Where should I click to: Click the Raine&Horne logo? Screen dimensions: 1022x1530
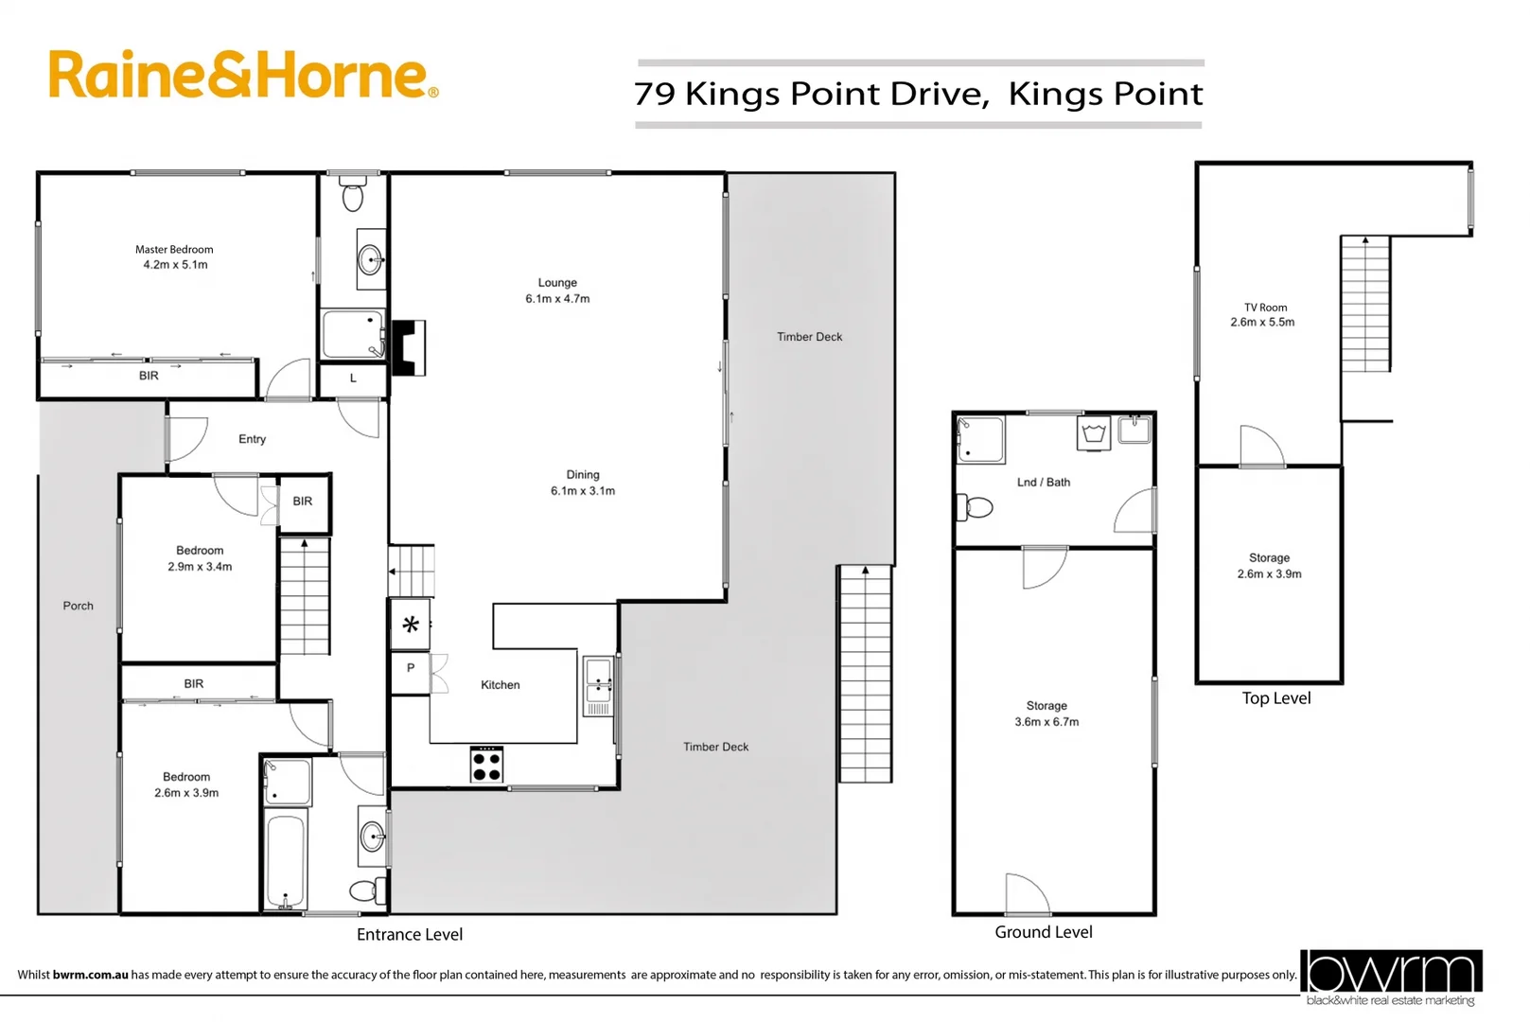click(x=242, y=75)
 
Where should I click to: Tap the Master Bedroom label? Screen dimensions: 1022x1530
click(x=174, y=257)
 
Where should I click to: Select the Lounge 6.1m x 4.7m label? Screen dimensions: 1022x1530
click(x=557, y=291)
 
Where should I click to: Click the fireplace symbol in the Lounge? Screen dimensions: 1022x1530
click(x=408, y=348)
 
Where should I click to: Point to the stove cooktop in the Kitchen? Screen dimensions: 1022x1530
click(x=486, y=765)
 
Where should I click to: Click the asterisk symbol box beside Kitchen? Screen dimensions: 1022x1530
click(x=411, y=625)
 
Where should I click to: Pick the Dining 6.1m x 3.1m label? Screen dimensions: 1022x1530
click(x=583, y=483)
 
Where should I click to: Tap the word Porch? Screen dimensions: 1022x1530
click(x=78, y=606)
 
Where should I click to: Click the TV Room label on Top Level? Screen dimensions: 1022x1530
click(x=1263, y=315)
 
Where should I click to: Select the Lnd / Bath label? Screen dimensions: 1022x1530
click(x=1043, y=483)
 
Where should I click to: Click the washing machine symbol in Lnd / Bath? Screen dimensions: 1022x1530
click(x=1094, y=434)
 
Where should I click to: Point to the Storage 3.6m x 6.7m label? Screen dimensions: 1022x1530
click(x=1046, y=714)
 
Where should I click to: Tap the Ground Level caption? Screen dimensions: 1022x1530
click(x=1043, y=932)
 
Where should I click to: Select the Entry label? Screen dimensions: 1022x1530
click(x=252, y=439)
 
